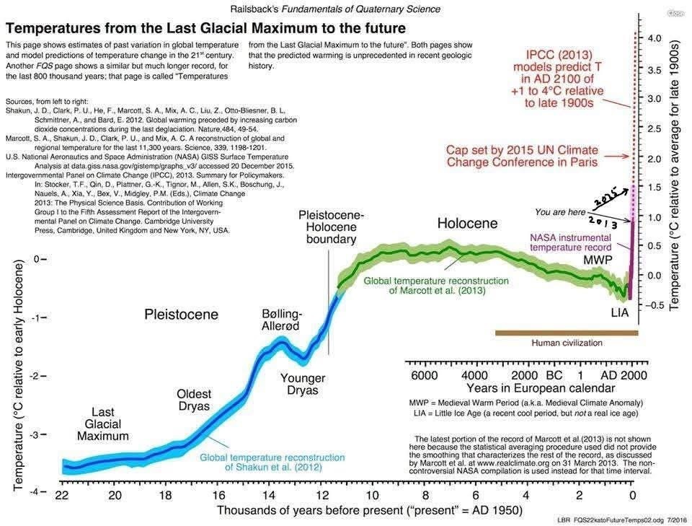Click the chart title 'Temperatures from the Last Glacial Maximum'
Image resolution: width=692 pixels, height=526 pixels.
(205, 28)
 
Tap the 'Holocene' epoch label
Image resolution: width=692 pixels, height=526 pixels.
(467, 223)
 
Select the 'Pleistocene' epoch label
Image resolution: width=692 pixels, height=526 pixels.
(182, 314)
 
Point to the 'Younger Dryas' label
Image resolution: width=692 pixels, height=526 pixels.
(303, 385)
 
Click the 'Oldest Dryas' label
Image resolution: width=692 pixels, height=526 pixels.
(194, 400)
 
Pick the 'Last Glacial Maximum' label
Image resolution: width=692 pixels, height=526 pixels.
(103, 424)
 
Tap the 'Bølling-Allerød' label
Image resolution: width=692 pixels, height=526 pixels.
(280, 320)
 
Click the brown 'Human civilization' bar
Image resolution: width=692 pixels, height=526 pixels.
(567, 333)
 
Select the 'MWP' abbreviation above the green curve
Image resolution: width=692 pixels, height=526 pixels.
(598, 260)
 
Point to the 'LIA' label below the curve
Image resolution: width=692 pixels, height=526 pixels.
(620, 312)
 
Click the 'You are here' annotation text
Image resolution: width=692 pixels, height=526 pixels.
(560, 212)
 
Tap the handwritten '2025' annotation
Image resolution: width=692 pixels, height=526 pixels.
(603, 200)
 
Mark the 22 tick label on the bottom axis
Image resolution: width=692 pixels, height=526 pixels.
(62, 495)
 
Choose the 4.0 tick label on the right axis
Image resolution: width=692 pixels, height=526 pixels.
(655, 38)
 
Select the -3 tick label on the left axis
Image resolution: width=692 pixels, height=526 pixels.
(36, 434)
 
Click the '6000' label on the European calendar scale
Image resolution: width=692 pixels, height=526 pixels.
(424, 376)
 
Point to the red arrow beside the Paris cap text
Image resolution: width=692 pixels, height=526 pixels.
(616, 156)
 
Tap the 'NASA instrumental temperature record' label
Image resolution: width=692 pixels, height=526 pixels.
(571, 242)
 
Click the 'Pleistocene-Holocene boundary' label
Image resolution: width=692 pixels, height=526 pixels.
(331, 227)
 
